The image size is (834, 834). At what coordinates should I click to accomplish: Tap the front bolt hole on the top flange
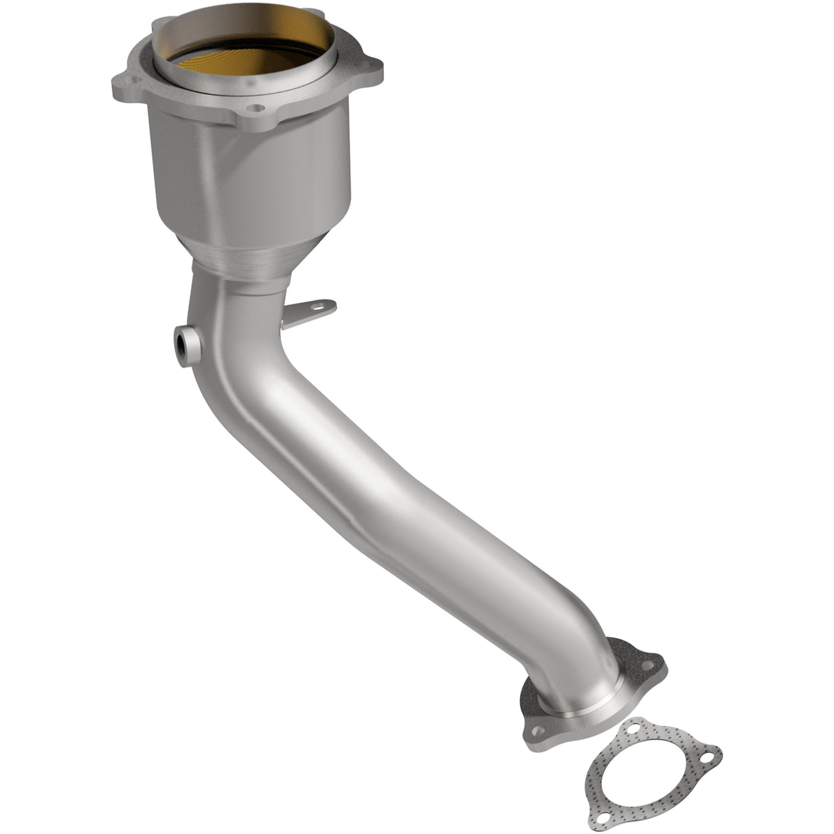coord(256,108)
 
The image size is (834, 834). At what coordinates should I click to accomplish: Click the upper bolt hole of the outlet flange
coord(645,664)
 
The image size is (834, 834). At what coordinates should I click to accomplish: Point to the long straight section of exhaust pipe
coord(412,481)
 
